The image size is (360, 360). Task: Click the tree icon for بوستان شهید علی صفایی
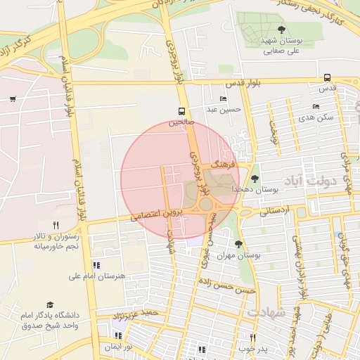(281, 30)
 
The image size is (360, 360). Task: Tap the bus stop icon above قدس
(327, 78)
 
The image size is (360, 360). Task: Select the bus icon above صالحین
(182, 111)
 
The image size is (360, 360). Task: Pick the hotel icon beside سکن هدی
(316, 107)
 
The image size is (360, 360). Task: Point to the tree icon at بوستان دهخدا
(255, 179)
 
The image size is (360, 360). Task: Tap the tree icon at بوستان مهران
(238, 244)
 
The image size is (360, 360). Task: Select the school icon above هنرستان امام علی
(96, 265)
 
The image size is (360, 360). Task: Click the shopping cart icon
(13, 98)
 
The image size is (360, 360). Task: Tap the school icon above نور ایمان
(117, 335)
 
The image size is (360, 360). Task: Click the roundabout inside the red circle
(205, 204)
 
